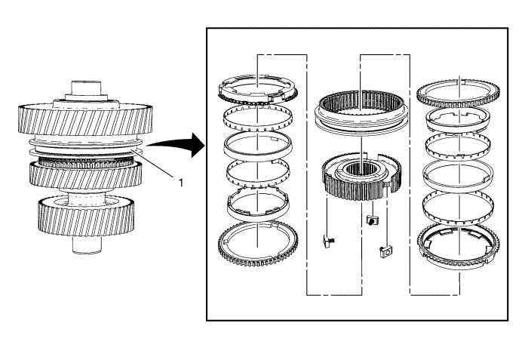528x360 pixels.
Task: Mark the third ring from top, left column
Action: pyautogui.click(x=256, y=144)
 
